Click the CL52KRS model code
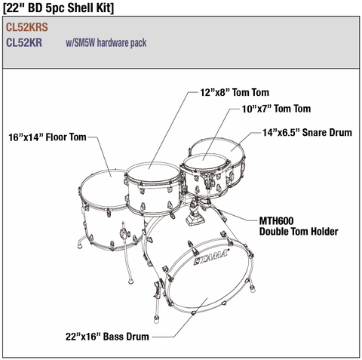point(27,27)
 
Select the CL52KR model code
point(24,42)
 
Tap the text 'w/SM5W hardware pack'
point(106,43)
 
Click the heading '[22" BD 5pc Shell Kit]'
point(58,8)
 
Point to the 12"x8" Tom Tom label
point(235,92)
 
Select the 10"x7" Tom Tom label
point(276,109)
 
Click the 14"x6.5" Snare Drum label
point(307,132)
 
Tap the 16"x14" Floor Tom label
point(48,137)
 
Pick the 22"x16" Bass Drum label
point(107,337)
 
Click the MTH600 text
point(276,221)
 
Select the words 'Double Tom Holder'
point(299,231)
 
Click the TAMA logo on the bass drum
point(211,257)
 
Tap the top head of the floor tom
point(104,188)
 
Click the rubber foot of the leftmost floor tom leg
point(80,245)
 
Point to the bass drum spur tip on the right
point(253,290)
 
